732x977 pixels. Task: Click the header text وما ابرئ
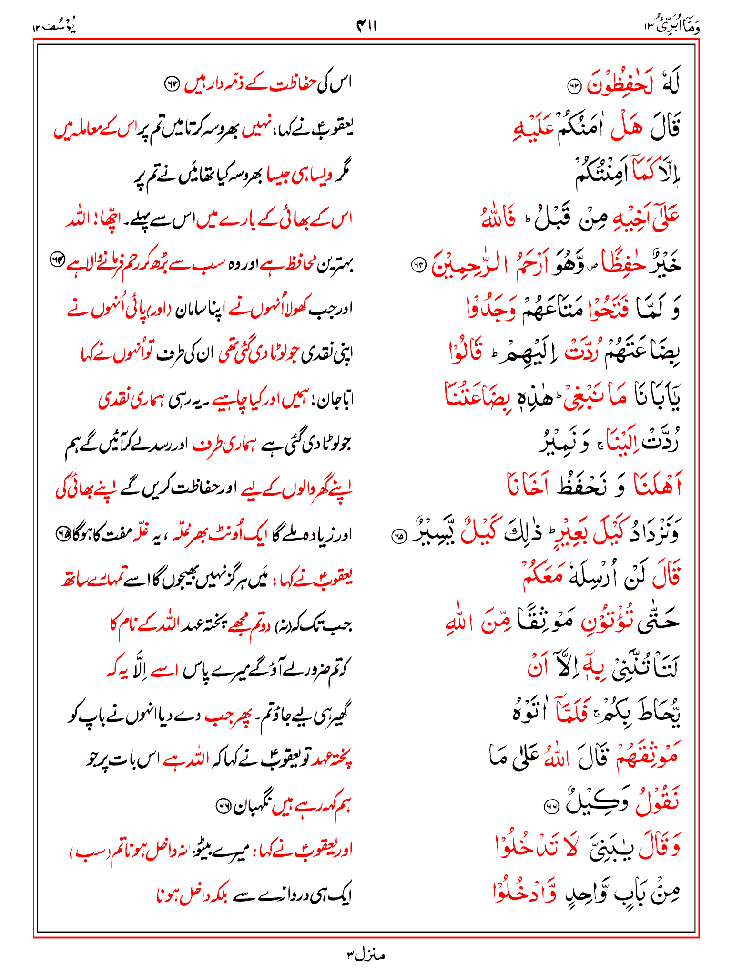pos(674,26)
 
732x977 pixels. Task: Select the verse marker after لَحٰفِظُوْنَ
pos(574,86)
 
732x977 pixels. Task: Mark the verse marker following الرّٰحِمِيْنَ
pos(418,266)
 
